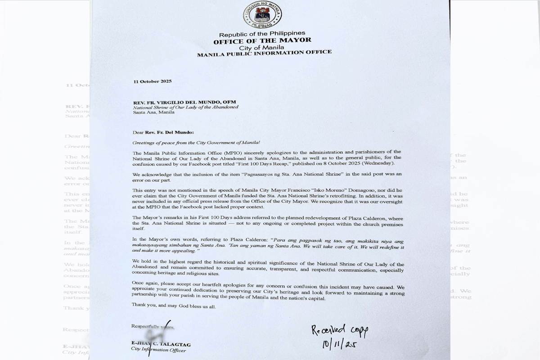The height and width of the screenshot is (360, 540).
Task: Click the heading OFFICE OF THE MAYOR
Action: pos(262,40)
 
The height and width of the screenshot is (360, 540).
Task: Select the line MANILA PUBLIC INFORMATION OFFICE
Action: pos(265,53)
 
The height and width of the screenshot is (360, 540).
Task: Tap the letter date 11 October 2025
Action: pos(153,81)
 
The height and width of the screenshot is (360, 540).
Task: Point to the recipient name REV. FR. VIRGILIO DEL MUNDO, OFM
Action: pos(184,102)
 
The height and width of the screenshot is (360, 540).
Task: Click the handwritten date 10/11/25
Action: pos(338,344)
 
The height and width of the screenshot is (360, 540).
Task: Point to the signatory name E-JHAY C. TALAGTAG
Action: pos(161,344)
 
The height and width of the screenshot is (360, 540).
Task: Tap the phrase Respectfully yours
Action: pos(152,326)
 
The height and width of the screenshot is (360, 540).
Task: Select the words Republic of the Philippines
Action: pos(262,34)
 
